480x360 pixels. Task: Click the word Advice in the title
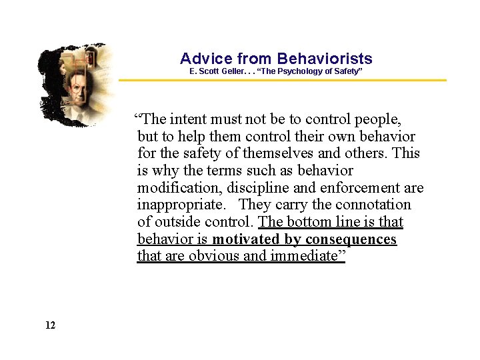tap(206, 59)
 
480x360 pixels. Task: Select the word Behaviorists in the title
tap(325, 59)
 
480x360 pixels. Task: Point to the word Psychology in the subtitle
tap(296, 71)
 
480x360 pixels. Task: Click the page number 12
tap(50, 325)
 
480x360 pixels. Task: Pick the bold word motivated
tap(245, 239)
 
